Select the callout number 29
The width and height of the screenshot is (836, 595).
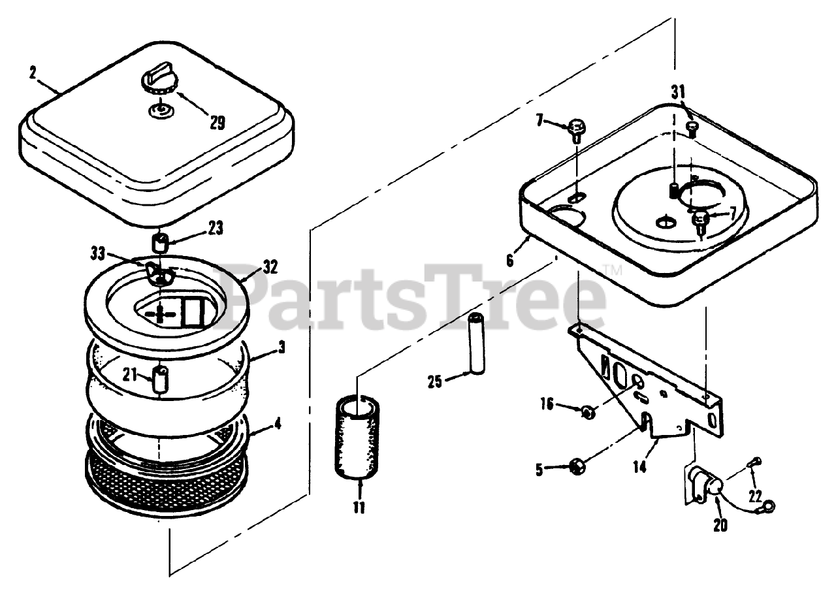[x=216, y=121]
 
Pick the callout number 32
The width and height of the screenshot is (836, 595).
[x=269, y=267]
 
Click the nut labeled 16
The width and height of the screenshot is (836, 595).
[x=587, y=411]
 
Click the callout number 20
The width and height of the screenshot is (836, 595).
[x=720, y=524]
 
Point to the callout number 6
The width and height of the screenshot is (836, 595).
[x=510, y=259]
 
